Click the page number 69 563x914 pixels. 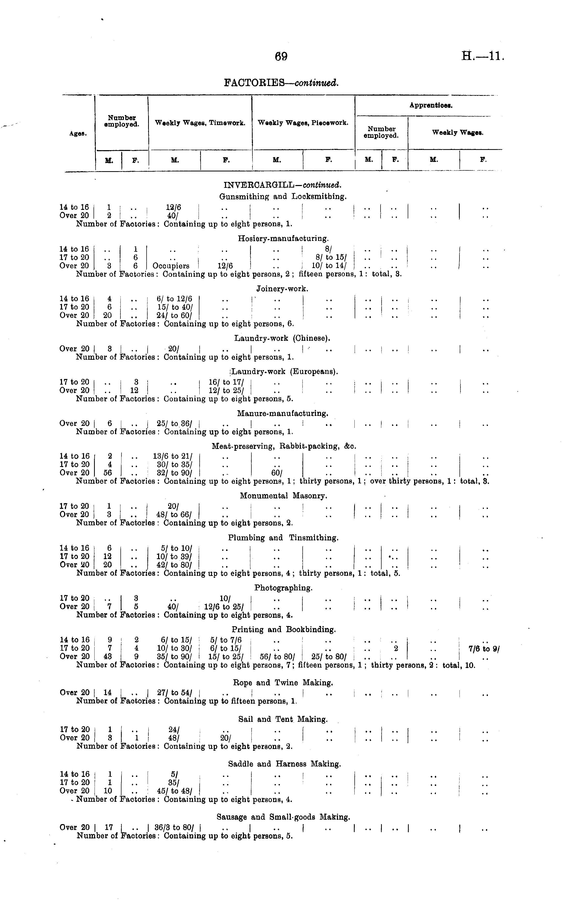pyautogui.click(x=281, y=57)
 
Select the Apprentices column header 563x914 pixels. pyautogui.click(x=431, y=105)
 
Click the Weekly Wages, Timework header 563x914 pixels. pyautogui.click(x=200, y=123)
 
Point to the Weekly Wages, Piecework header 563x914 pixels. pyautogui.click(x=303, y=123)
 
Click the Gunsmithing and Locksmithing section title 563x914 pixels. pyautogui.click(x=283, y=196)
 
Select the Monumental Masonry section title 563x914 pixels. pyautogui.click(x=283, y=496)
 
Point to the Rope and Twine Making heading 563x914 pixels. pyautogui.click(x=283, y=683)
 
